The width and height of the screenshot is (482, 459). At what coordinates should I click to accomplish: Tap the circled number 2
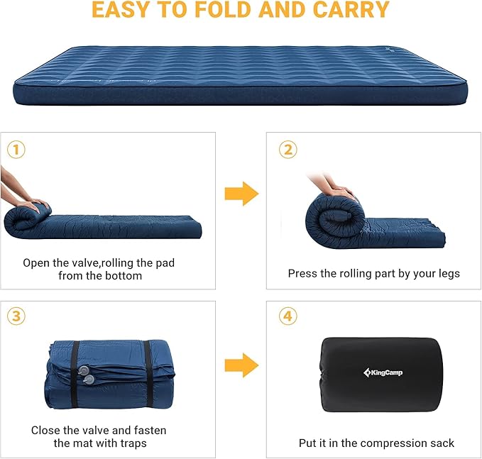[287, 150]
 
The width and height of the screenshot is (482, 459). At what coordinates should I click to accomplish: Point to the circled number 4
[287, 316]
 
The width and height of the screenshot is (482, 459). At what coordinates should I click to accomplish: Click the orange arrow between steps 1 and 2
[241, 194]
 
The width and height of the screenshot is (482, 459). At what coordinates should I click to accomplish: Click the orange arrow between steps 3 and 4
[241, 365]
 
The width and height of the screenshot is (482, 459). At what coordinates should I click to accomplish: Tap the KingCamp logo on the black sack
[382, 372]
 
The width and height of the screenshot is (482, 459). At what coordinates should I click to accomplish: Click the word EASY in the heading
[126, 11]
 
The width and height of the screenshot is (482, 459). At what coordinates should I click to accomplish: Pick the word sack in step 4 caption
[440, 443]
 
